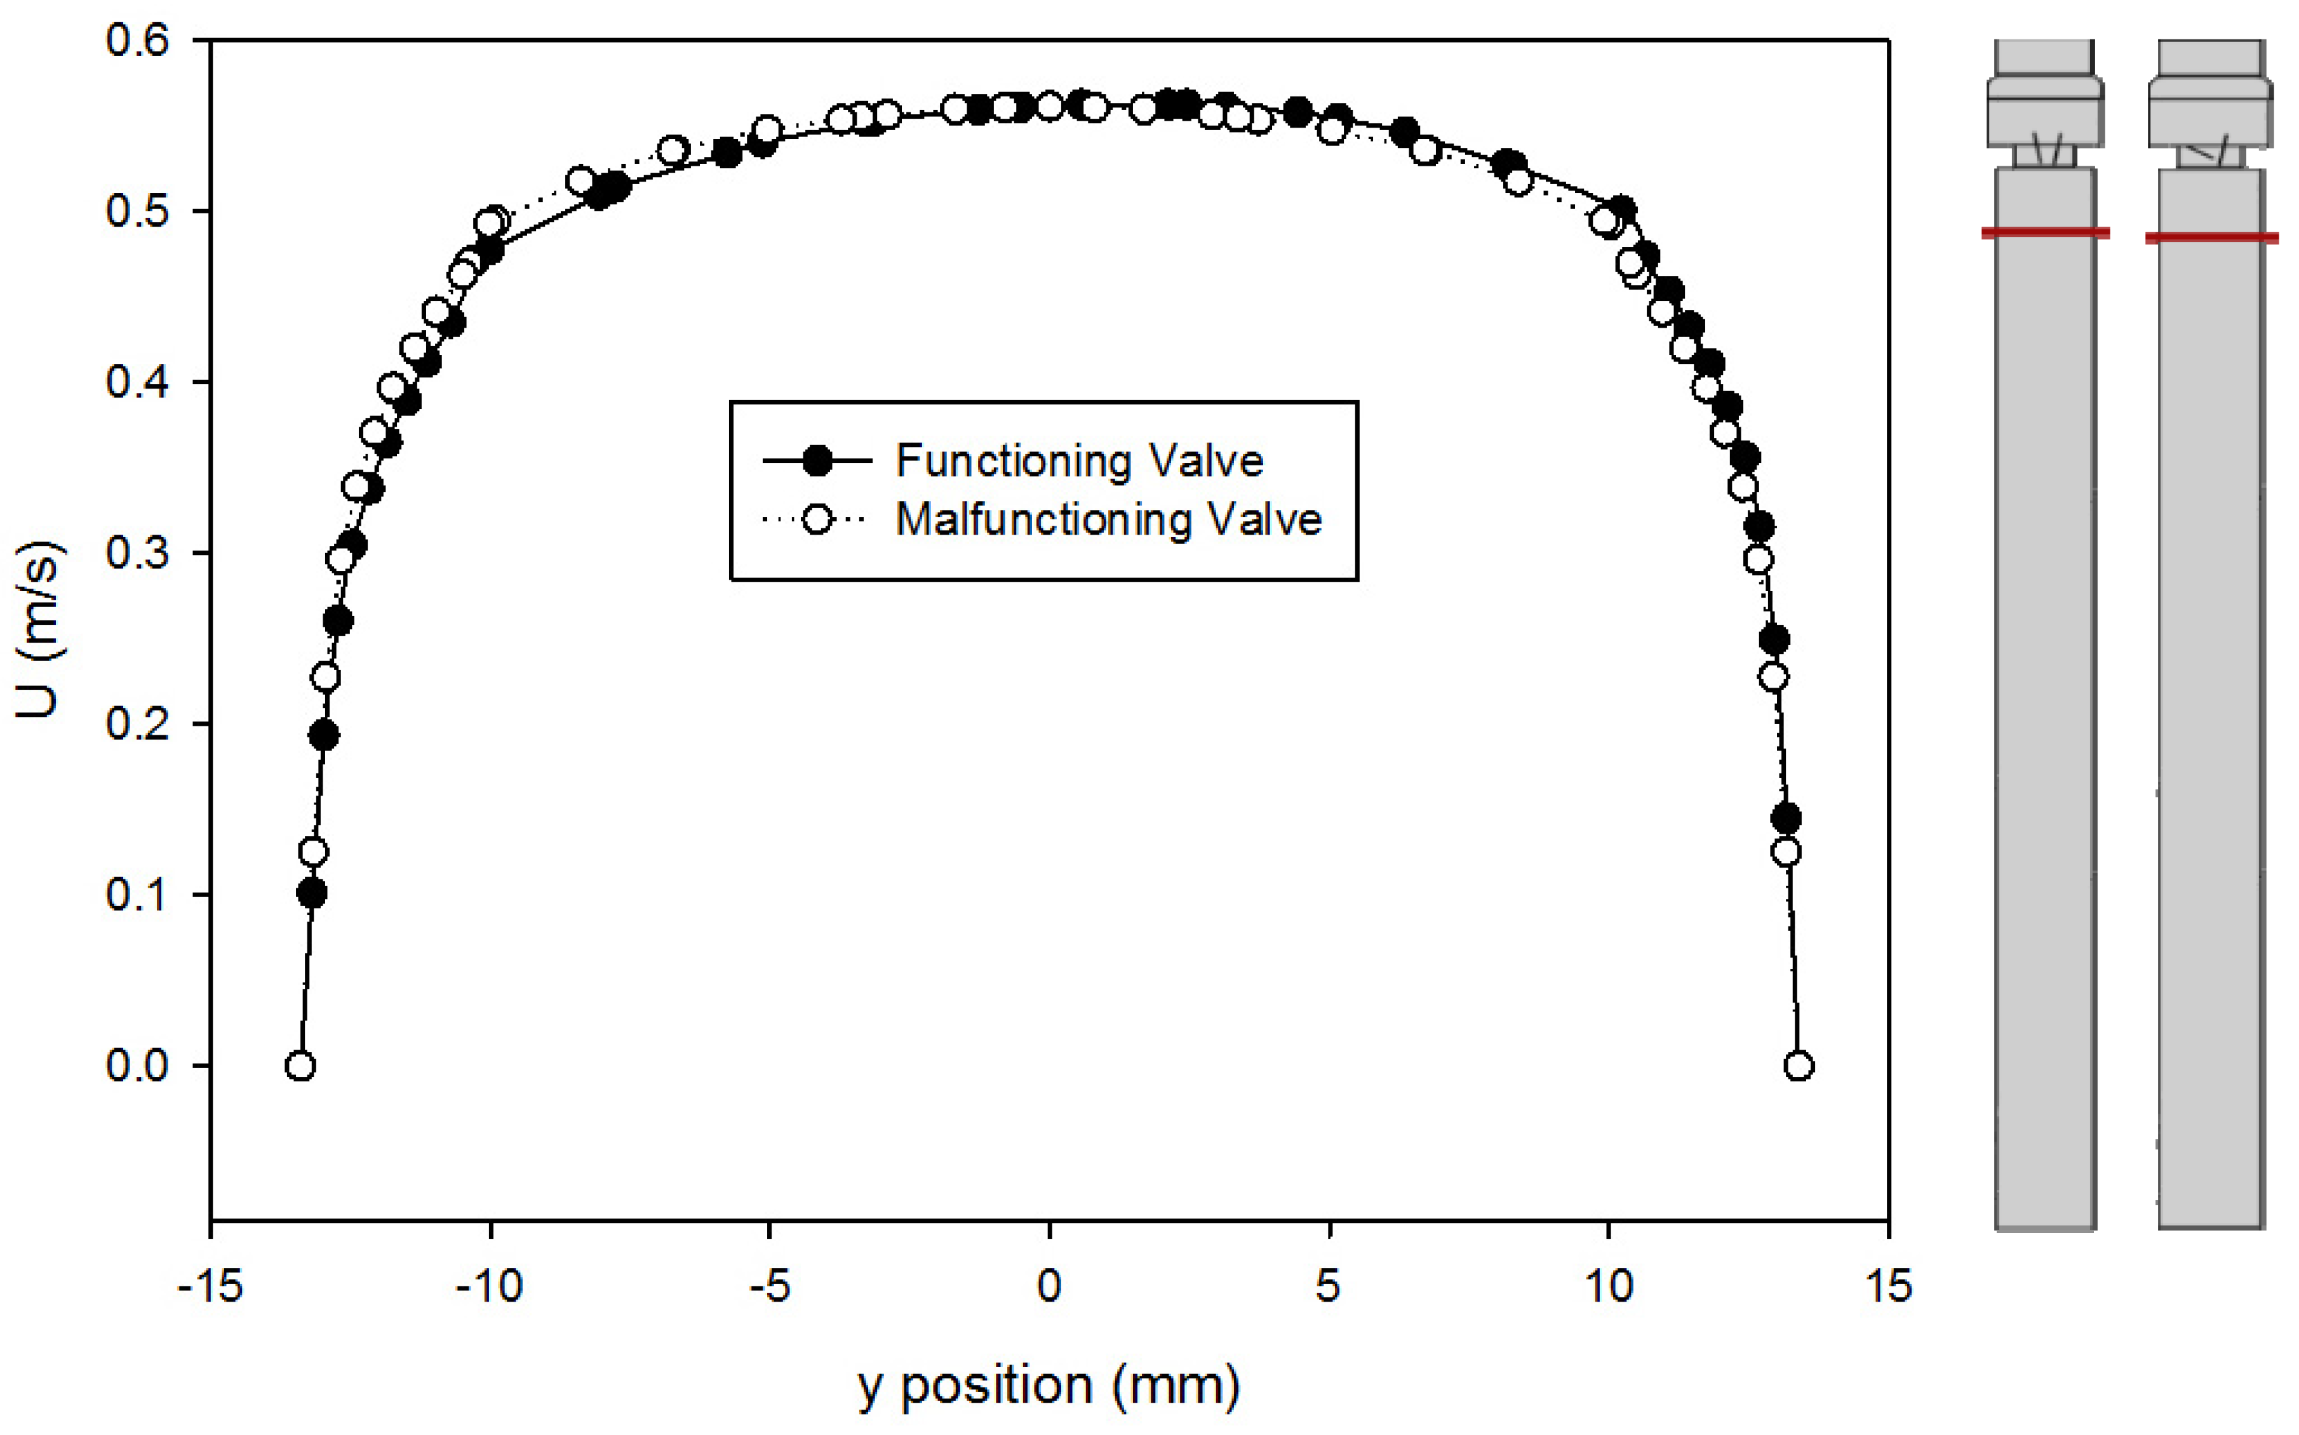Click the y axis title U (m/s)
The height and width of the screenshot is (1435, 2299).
click(x=40, y=629)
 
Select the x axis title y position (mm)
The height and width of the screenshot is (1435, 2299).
click(x=1049, y=1387)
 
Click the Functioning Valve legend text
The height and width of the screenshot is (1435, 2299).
click(x=1079, y=461)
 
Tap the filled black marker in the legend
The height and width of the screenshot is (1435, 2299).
click(x=816, y=461)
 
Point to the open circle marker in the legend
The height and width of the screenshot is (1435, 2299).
click(x=816, y=519)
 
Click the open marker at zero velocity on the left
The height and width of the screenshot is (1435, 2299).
click(x=300, y=1067)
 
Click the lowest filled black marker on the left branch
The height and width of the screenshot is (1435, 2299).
click(x=311, y=893)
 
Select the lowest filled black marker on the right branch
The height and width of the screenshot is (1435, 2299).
click(x=1785, y=818)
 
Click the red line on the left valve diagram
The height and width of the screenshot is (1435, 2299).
click(x=2046, y=232)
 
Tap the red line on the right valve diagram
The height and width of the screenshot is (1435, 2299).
click(x=2211, y=237)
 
